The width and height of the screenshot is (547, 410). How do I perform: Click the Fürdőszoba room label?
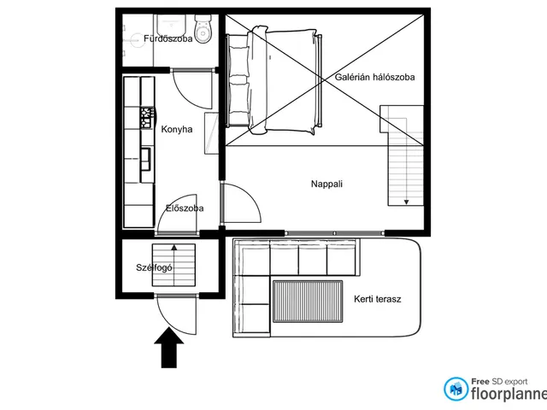pos(168,38)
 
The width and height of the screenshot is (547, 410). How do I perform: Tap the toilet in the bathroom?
pos(203,29)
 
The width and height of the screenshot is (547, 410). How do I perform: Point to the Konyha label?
pos(177,129)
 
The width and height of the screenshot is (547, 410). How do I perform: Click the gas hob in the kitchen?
pos(147,117)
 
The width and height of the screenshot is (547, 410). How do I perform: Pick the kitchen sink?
pos(146,159)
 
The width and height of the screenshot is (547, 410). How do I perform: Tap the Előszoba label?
pos(185,208)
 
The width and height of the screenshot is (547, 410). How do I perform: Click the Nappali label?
pos(326,184)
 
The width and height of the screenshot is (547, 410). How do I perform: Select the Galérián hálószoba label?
pos(374,77)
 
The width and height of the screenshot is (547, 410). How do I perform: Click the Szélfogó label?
pos(154,267)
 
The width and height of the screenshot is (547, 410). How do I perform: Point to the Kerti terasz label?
pos(378,299)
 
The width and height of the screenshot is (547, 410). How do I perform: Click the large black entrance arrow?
pos(169,348)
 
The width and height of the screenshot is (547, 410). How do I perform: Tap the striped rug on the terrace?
pos(308,302)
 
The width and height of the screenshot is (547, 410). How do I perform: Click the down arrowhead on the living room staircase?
pos(406,202)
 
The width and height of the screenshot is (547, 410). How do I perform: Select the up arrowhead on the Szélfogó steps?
pos(174,248)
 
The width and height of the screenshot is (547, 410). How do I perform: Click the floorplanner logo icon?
pos(456,389)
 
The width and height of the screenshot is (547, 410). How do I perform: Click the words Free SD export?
pos(499,382)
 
